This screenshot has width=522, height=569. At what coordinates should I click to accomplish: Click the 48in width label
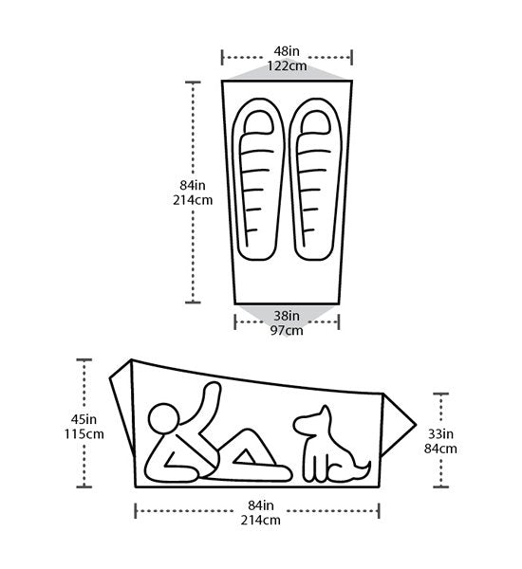click(287, 51)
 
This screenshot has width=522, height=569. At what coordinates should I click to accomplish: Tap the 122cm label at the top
click(287, 65)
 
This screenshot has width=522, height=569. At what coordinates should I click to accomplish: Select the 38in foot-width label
click(287, 316)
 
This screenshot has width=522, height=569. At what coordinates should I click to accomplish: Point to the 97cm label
click(287, 330)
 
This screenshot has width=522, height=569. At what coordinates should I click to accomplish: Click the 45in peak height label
click(84, 419)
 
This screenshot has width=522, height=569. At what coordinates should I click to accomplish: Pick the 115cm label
click(84, 434)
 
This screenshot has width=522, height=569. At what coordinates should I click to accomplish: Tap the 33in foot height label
click(440, 433)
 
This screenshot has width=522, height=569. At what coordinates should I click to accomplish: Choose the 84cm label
click(440, 449)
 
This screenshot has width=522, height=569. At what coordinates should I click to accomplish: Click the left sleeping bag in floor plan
click(257, 179)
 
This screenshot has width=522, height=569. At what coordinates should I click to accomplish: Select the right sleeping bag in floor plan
click(315, 179)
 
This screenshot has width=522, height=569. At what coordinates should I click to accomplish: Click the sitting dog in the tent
click(331, 446)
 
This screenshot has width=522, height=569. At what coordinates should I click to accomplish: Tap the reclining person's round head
click(164, 417)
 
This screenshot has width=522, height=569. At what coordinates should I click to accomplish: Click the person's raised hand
click(213, 389)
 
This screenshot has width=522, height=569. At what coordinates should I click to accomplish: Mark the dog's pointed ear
click(325, 413)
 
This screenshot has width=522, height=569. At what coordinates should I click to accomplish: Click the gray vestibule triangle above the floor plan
click(287, 72)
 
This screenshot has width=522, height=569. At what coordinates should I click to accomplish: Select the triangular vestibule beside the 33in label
click(398, 425)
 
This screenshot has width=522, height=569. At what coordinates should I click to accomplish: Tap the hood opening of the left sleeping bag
click(259, 122)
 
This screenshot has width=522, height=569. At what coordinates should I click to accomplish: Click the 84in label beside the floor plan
click(193, 185)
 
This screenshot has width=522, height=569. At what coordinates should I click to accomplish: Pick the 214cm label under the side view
click(260, 520)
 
